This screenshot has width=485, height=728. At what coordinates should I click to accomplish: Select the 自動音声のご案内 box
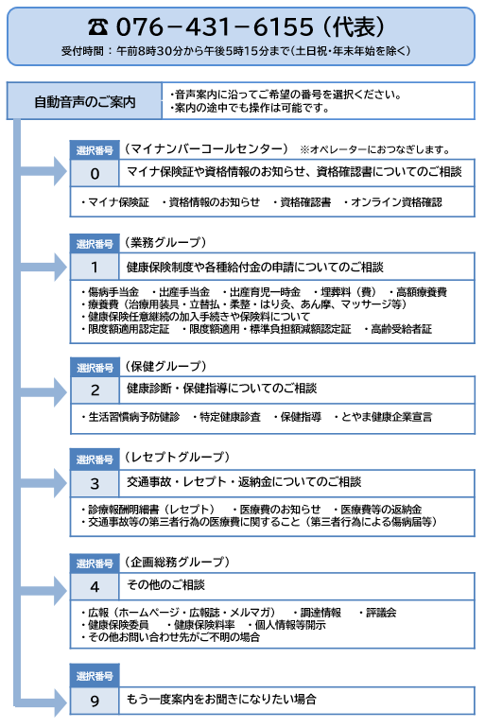tap(84, 101)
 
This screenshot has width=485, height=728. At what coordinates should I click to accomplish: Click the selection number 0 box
tap(95, 173)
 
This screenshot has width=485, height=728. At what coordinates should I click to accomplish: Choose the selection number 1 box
tap(95, 268)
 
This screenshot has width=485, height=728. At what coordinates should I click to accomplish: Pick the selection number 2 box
tap(95, 390)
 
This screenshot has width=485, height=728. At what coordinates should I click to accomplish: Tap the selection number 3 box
tap(95, 483)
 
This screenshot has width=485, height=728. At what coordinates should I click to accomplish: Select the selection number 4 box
tap(95, 585)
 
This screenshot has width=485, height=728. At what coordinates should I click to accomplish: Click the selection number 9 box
tap(95, 701)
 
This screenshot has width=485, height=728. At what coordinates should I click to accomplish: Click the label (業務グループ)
tap(165, 243)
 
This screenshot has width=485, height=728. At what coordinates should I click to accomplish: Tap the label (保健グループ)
tap(165, 365)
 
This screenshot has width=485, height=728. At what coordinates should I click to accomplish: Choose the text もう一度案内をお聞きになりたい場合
tap(221, 701)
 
